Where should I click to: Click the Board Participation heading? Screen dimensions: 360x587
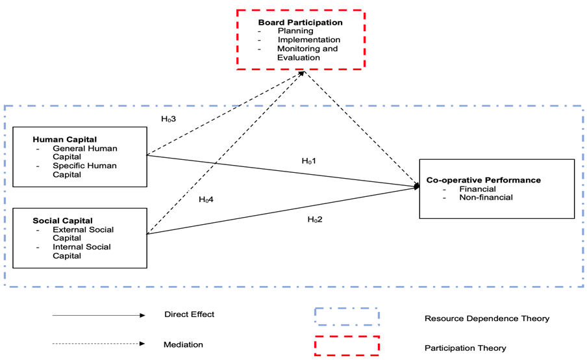(x=300, y=22)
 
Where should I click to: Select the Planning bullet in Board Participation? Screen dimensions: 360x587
(x=295, y=31)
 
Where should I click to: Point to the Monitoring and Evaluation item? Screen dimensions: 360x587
(x=307, y=53)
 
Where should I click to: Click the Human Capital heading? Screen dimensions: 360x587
(x=64, y=139)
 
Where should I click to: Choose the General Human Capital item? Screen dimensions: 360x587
(x=84, y=152)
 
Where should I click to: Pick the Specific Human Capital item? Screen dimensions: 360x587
(x=84, y=170)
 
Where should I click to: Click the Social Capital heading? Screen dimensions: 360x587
(x=62, y=220)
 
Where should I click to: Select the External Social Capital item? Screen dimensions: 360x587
(x=82, y=233)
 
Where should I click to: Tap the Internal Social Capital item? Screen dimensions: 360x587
(x=81, y=251)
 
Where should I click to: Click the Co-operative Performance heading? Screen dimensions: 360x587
(x=483, y=180)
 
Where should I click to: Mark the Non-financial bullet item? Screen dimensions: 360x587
(x=486, y=197)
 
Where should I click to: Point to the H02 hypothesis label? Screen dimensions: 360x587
(x=314, y=219)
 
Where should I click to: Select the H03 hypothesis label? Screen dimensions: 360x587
(x=168, y=119)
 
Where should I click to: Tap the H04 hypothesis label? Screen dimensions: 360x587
(x=206, y=199)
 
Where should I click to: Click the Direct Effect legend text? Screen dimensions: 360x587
(x=189, y=315)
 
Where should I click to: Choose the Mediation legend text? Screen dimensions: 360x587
(x=183, y=344)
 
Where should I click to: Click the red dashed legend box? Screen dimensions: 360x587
(x=347, y=345)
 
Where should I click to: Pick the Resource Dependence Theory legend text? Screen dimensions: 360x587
(x=486, y=318)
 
